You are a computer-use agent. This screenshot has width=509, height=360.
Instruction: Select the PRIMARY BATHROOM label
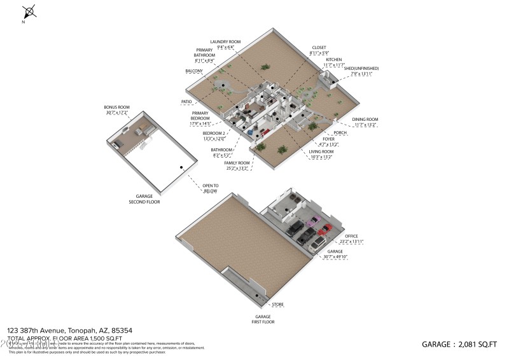[205, 55]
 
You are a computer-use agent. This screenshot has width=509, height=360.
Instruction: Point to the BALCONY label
[194, 71]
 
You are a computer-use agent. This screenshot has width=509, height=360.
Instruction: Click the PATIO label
[186, 101]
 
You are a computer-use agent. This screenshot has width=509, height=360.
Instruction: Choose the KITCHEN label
[334, 59]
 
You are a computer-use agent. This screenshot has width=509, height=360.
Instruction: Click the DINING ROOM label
[365, 120]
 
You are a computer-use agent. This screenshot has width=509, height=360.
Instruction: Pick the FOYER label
[328, 139]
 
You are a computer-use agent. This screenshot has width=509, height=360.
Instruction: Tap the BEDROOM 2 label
[214, 134]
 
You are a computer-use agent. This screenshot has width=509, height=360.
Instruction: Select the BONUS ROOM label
[116, 107]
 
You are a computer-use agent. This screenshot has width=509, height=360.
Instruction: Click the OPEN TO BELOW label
[211, 188]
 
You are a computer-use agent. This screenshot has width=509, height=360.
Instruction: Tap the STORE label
[278, 305]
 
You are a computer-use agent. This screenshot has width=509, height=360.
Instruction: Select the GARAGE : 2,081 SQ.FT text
[459, 344]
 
